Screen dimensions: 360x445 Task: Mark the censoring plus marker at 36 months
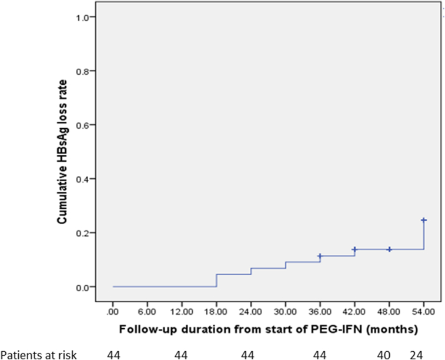point(320,256)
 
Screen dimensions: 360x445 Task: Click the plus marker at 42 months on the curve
point(354,249)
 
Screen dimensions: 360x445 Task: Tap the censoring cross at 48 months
point(389,249)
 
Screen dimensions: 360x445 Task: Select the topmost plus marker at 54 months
point(424,220)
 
